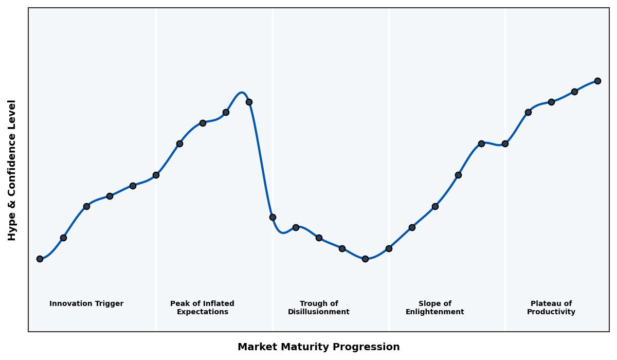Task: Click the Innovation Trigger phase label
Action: (86, 304)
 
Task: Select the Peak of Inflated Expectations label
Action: (202, 308)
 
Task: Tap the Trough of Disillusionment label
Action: (318, 308)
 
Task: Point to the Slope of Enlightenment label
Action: (434, 308)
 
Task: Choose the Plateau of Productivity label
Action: (551, 308)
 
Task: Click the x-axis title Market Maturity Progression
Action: (318, 347)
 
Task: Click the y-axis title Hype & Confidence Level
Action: (12, 170)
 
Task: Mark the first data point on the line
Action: (40, 259)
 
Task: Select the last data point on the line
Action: (597, 81)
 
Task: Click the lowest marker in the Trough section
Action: (365, 259)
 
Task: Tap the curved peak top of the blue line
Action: (241, 93)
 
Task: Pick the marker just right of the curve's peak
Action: (249, 102)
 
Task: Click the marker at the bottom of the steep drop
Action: (273, 217)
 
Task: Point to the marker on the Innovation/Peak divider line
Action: (156, 175)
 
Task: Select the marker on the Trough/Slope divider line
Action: (389, 248)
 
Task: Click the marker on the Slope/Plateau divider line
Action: (505, 143)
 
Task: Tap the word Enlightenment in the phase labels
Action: (434, 312)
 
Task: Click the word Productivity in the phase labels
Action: (551, 312)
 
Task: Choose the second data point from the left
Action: (63, 238)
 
